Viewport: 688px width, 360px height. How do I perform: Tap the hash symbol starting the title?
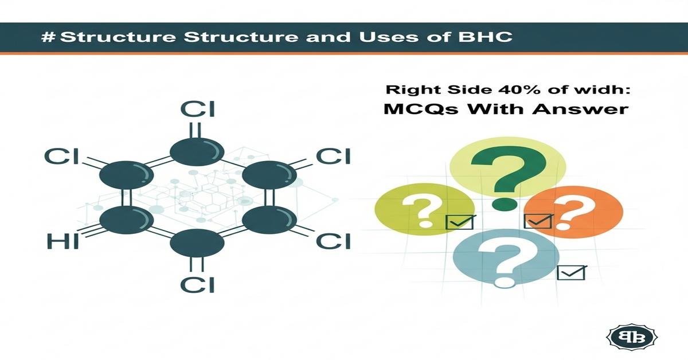pos(49,37)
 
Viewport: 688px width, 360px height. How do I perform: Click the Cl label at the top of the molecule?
pos(197,109)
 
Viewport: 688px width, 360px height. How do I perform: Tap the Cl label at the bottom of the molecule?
pos(197,283)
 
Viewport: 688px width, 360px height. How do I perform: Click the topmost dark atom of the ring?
pos(197,151)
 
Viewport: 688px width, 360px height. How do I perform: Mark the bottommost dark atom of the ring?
pos(197,245)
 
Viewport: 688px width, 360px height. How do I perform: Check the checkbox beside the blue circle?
pos(571,272)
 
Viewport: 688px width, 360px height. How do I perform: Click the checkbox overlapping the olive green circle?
pos(460,222)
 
